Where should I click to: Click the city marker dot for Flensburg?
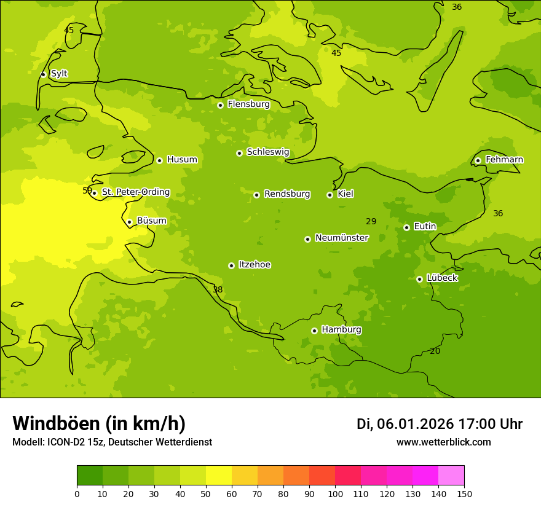220,105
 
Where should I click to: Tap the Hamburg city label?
341,330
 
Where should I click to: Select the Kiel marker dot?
330,195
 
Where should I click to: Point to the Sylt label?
59,74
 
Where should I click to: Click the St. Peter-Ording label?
135,192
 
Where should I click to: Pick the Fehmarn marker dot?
478,160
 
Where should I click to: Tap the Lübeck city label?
441,278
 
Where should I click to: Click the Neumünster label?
341,238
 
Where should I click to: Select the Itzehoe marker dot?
231,265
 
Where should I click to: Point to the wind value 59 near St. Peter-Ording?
87,190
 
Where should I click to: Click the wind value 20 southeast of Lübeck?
435,351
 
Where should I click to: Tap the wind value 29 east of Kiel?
371,221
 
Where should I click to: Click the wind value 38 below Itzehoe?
218,289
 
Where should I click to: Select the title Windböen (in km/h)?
99,423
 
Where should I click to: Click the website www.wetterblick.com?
443,442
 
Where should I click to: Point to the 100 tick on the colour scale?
335,493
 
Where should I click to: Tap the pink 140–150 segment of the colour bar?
451,476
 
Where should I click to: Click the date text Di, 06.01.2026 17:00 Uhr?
439,424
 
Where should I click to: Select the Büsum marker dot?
129,222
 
